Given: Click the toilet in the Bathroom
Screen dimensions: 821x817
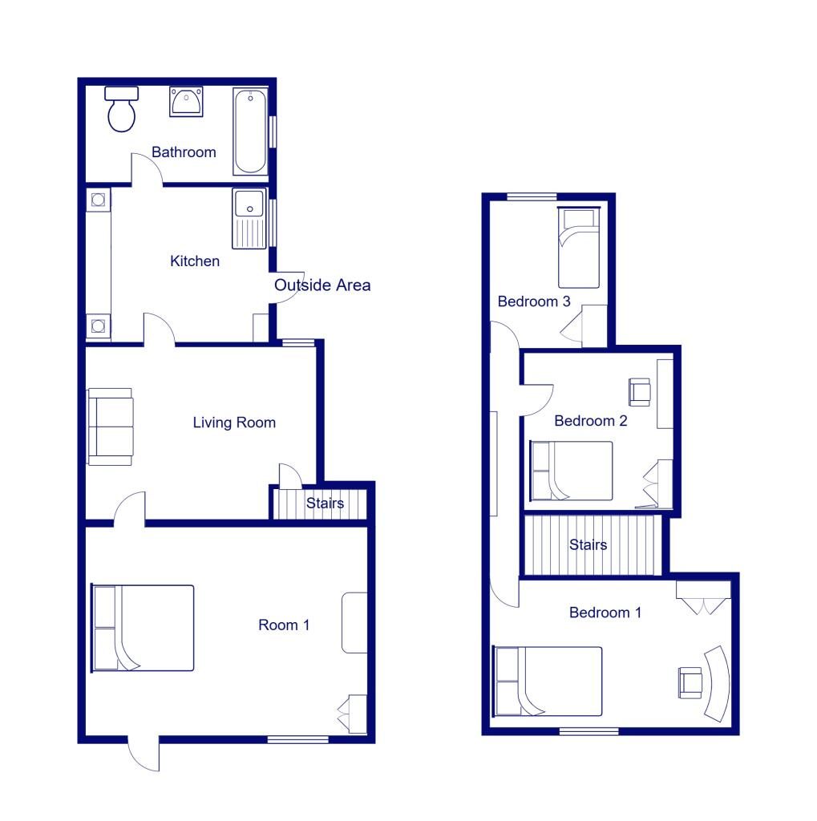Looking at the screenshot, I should click(x=121, y=110).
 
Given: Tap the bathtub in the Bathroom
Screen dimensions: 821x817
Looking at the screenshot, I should click(x=250, y=131).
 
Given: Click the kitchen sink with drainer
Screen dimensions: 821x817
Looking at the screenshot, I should click(x=249, y=217).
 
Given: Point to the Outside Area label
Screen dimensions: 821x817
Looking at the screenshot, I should click(x=322, y=285).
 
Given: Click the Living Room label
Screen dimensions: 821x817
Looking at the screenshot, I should click(x=234, y=422).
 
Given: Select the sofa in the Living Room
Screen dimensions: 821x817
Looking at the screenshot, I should click(x=111, y=427).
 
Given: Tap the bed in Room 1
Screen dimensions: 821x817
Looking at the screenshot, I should click(x=144, y=628).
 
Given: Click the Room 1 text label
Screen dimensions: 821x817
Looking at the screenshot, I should click(x=283, y=625).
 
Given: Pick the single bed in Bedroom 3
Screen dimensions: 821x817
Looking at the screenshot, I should click(x=578, y=248).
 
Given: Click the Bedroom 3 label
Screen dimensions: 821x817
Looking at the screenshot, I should click(x=534, y=301).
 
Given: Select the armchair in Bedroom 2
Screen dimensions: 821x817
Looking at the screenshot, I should click(x=640, y=391).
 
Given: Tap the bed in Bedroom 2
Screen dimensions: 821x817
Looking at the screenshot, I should click(x=571, y=471).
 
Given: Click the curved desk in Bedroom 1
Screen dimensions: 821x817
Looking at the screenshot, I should click(x=716, y=682).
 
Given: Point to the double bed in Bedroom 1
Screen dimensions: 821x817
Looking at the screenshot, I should click(x=548, y=681).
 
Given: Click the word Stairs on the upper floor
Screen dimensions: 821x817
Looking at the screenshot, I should click(x=588, y=545).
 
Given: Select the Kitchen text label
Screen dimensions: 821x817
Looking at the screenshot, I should click(x=195, y=261).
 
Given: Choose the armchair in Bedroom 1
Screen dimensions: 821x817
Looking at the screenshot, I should click(x=689, y=681).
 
